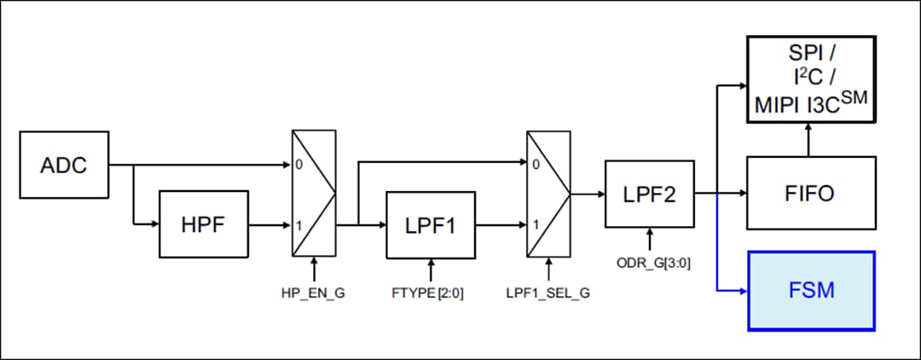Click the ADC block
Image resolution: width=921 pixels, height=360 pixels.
click(x=64, y=164)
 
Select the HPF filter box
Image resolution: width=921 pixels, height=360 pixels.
click(x=203, y=224)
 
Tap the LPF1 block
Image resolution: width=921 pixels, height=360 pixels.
click(x=431, y=224)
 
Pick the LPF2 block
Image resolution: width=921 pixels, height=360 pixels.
click(x=650, y=194)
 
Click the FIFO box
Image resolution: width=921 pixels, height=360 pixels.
click(x=810, y=193)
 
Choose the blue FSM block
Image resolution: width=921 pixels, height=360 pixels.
click(x=810, y=290)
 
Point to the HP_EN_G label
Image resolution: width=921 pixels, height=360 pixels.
click(x=315, y=293)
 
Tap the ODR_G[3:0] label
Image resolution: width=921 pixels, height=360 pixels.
click(x=650, y=263)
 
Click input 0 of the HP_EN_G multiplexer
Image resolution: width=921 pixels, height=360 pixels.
click(x=299, y=165)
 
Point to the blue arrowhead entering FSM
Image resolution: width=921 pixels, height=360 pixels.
click(x=740, y=290)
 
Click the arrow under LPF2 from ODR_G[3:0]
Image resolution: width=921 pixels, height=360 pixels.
click(x=650, y=240)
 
